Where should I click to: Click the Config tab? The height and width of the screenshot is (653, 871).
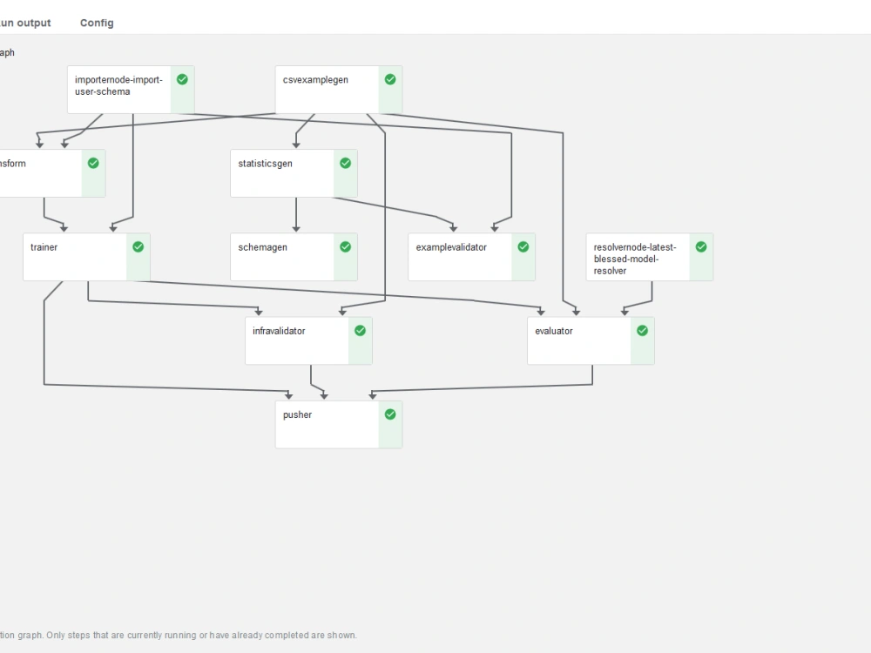(x=97, y=23)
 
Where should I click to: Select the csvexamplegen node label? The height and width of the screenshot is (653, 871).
(x=315, y=80)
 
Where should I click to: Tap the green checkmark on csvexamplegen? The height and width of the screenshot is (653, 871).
(x=390, y=79)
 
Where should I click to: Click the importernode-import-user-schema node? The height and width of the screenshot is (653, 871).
(x=118, y=85)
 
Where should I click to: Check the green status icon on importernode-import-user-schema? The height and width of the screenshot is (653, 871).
(x=182, y=79)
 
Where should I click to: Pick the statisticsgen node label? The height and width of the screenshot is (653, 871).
(x=265, y=164)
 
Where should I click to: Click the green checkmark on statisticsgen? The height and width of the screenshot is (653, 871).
(x=346, y=163)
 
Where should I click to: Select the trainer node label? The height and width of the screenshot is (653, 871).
(x=44, y=247)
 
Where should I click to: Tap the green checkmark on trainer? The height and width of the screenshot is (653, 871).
(x=138, y=246)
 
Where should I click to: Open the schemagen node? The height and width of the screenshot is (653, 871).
(x=262, y=247)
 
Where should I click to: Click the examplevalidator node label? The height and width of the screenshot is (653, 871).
(x=451, y=247)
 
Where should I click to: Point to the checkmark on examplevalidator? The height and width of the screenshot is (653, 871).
(x=523, y=246)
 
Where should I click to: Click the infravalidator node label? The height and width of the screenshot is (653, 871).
(x=279, y=331)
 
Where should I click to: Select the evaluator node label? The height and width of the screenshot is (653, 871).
(x=554, y=331)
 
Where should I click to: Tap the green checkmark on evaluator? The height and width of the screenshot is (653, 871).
(x=643, y=331)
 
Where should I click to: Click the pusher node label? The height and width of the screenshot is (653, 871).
(x=297, y=414)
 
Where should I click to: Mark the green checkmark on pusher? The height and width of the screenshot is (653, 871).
(x=390, y=414)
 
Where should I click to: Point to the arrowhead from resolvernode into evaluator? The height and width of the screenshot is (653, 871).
(x=623, y=312)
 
